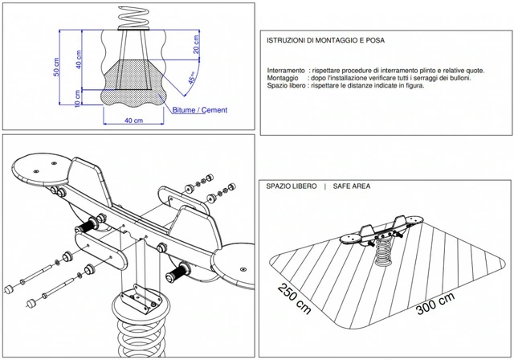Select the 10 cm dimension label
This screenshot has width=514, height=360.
point(78,97)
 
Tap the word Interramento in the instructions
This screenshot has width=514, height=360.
point(286,71)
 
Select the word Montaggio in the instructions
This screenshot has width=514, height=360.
point(284,78)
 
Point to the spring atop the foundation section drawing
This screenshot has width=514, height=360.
point(132,16)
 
